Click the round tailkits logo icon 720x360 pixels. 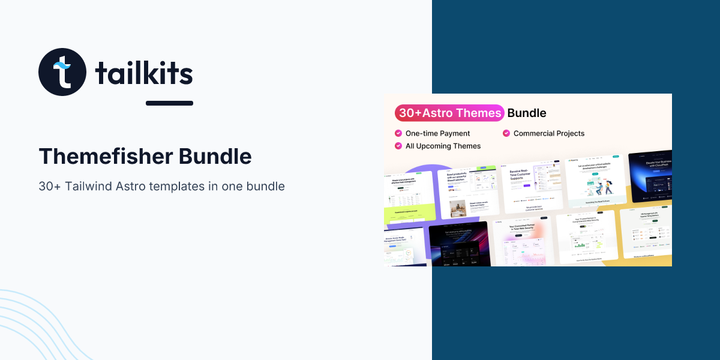[62, 72]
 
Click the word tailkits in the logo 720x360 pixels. [144, 74]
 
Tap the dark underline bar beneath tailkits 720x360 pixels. [169, 103]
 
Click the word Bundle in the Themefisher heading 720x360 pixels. [215, 157]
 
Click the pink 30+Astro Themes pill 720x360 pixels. [449, 113]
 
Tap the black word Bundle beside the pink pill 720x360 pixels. [527, 113]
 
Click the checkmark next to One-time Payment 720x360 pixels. [398, 133]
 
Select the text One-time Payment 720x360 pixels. [438, 133]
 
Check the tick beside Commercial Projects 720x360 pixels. [506, 133]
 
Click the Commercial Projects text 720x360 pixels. [549, 133]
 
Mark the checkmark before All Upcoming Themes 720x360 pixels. [398, 146]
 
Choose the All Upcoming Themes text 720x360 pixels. [443, 146]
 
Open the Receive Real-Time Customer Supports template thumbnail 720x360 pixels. [527, 186]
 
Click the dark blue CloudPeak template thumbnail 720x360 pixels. [650, 177]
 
